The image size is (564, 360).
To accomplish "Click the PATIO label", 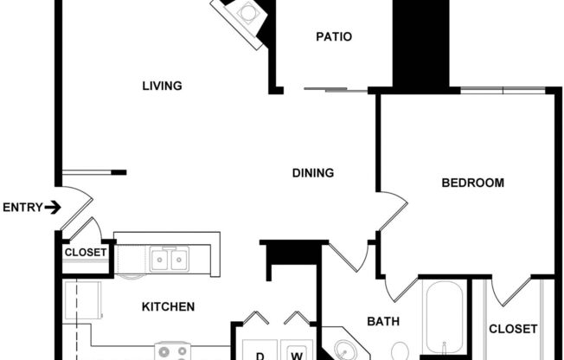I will [333, 36].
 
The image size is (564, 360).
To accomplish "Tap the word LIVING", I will [162, 86].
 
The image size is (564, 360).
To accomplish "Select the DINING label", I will [312, 173].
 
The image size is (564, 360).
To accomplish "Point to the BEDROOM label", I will [472, 183].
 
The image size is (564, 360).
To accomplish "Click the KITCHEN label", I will [168, 306].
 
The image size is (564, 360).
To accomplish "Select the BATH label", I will [382, 322].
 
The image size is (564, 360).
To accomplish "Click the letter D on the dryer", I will [259, 354].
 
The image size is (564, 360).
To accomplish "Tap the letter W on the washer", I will [296, 354].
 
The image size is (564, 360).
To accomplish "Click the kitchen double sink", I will [170, 258].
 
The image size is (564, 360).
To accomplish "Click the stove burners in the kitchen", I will [172, 351].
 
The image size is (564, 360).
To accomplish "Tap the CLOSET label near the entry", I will [85, 253].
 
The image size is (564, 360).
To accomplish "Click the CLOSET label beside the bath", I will [513, 329].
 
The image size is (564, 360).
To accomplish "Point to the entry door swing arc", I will [78, 212].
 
